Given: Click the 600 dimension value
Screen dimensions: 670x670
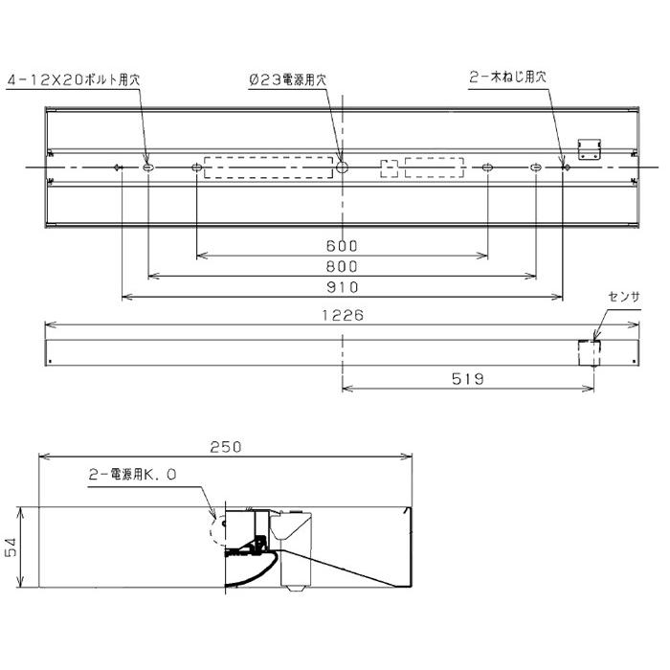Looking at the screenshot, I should [342, 246].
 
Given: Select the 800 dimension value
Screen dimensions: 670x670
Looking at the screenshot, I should [342, 267].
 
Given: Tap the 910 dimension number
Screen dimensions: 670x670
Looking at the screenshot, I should [342, 287].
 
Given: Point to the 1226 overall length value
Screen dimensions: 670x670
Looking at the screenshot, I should [342, 314].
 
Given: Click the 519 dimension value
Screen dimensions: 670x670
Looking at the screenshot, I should [468, 379].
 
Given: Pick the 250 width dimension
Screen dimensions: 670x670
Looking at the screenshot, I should [226, 446].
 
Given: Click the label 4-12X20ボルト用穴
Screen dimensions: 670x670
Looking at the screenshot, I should [72, 82].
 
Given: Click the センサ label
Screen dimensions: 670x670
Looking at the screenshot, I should [624, 298].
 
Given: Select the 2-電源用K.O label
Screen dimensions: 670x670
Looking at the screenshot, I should [134, 473].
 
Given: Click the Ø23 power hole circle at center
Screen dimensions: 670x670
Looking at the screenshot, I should [342, 167].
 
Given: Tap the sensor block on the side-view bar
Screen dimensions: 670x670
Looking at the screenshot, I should [588, 352].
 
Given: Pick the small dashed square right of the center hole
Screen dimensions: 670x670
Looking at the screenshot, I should [389, 168].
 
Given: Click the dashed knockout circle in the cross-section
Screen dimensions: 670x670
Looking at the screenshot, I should [219, 528].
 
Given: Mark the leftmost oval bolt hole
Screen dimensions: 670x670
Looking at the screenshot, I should [148, 168].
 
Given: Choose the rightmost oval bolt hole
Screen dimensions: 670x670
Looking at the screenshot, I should [535, 168].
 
